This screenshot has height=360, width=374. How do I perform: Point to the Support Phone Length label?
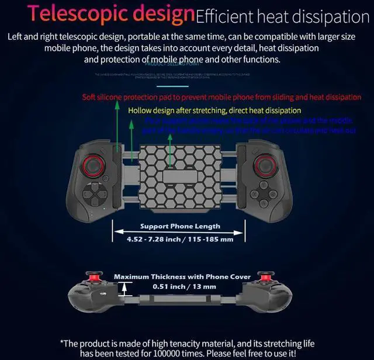180,226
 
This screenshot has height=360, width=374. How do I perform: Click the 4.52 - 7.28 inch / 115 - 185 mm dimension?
180,239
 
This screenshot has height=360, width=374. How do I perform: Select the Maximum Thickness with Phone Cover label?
182,276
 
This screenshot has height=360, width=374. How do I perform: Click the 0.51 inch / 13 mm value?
184,286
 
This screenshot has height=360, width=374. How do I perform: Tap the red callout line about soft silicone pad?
221,97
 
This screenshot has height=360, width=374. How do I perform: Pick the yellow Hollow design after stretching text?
214,110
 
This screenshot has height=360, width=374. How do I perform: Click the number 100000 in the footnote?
205,354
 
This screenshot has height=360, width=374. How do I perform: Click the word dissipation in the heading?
331,16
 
